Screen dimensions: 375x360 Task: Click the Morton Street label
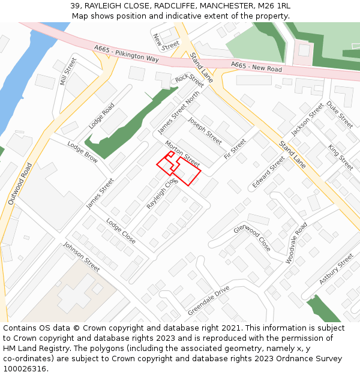click(x=182, y=154)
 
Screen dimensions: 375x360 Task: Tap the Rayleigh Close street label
click(x=162, y=193)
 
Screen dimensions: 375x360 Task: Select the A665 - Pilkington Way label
click(x=126, y=53)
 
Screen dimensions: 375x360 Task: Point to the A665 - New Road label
click(x=256, y=67)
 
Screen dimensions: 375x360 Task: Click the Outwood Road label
click(x=19, y=184)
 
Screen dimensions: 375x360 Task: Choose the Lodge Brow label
click(x=82, y=152)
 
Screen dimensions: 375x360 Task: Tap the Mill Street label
click(x=68, y=71)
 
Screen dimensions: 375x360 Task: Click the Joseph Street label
click(x=205, y=130)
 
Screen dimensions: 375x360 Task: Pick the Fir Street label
click(x=235, y=149)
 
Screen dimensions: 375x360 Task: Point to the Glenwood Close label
click(x=252, y=238)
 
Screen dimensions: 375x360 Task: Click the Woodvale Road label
click(x=296, y=242)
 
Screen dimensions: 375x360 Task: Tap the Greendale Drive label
click(x=208, y=301)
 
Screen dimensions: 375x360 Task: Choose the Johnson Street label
click(x=82, y=256)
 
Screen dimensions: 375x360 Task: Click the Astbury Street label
click(x=336, y=268)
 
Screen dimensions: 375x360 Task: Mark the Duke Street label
click(x=340, y=114)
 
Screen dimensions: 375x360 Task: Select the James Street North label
click(x=178, y=112)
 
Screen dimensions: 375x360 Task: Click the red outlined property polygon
click(x=187, y=172)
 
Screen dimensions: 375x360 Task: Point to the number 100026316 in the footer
click(x=25, y=369)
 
